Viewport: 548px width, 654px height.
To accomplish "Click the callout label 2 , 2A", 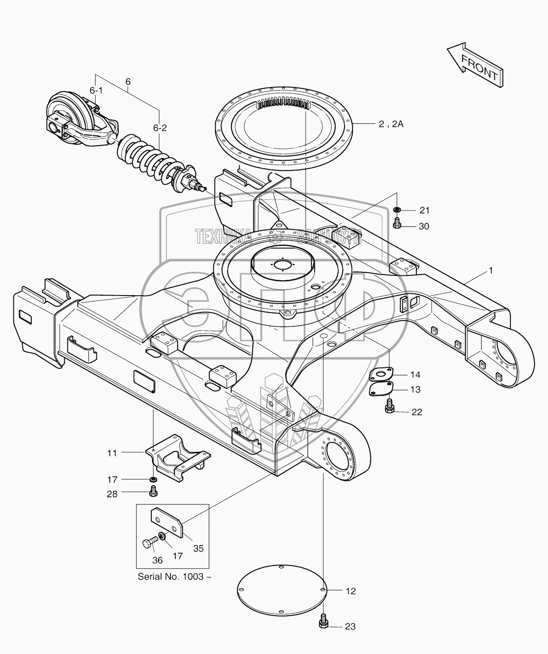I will pos(391,124).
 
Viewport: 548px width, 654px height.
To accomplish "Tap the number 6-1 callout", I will pos(96,91).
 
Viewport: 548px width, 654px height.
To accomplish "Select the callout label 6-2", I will pos(160,128).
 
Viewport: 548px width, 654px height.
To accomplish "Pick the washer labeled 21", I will pos(397,210).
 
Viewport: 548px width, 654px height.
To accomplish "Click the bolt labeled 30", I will pos(396,223).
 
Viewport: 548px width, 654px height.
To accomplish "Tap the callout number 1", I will pos(491,271).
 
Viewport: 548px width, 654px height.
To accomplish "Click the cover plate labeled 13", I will pos(381,388).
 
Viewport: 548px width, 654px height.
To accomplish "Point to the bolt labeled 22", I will pos(389,407).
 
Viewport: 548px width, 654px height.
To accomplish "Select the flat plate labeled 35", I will pos(167,522).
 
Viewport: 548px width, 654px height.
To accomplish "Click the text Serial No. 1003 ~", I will pos(174,576).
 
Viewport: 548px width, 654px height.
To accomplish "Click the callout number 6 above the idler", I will pos(128,82).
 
